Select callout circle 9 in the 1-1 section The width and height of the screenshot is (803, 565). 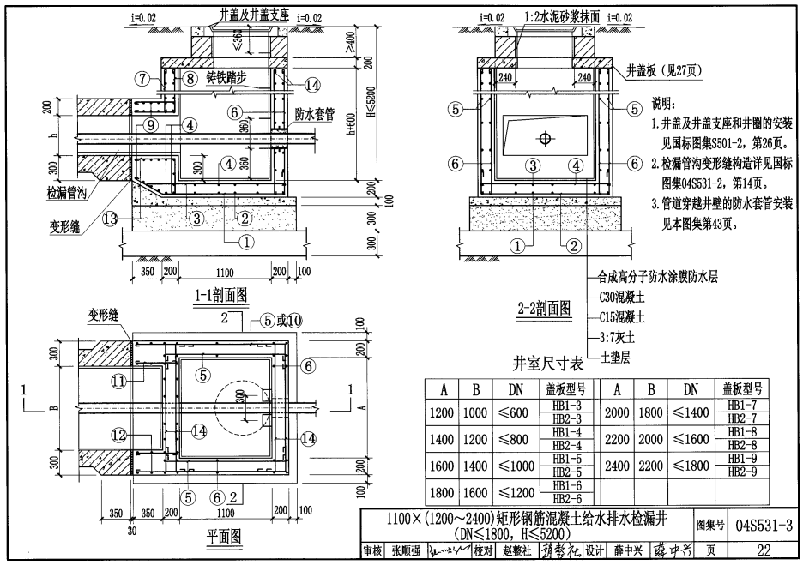coord(151,124)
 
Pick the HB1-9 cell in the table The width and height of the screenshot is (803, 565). coord(743,459)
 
